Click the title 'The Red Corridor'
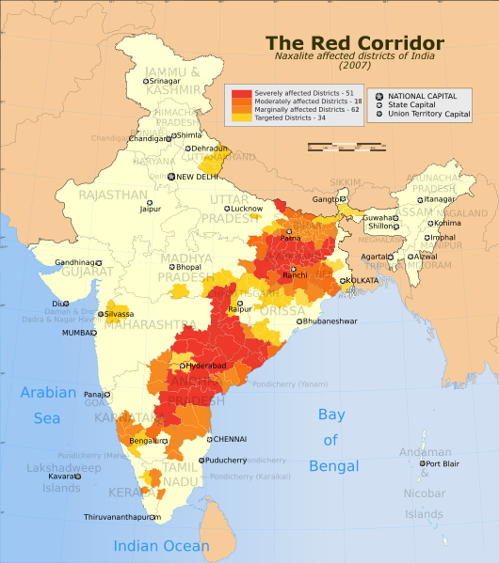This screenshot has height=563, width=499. click(x=354, y=43)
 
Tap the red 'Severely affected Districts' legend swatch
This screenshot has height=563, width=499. click(x=241, y=95)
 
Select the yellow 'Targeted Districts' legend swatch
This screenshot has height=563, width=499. click(x=241, y=118)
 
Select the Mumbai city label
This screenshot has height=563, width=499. click(x=79, y=333)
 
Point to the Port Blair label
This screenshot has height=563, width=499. click(x=443, y=463)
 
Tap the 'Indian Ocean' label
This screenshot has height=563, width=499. click(x=162, y=546)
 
